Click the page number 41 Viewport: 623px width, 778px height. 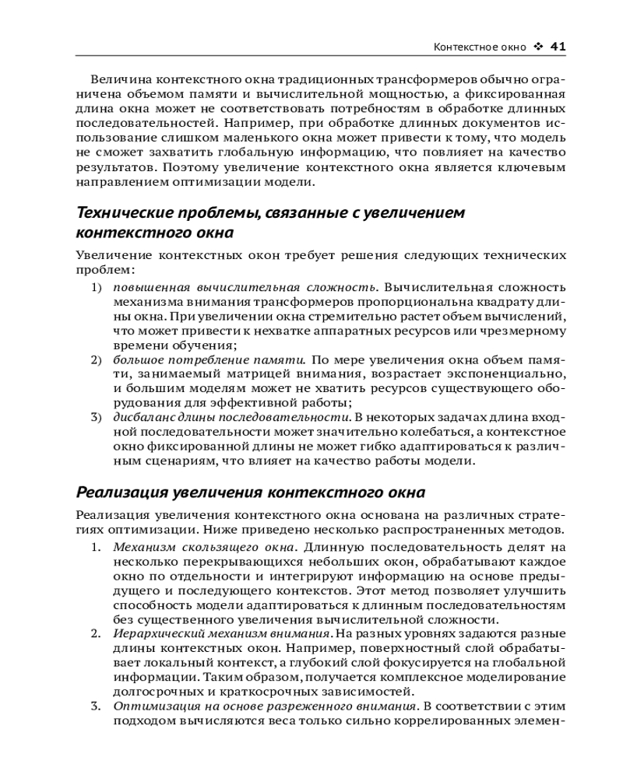click(558, 46)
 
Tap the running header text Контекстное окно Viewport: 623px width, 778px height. click(480, 47)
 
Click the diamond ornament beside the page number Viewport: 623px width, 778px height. click(538, 46)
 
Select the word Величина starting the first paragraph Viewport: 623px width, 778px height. click(120, 79)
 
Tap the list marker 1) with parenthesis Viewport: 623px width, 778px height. click(97, 287)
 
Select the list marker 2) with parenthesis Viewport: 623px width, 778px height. click(97, 359)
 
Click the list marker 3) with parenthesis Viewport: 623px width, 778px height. click(97, 418)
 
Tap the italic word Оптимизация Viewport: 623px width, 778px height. click(153, 706)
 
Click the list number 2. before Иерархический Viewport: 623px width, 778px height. click(97, 634)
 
